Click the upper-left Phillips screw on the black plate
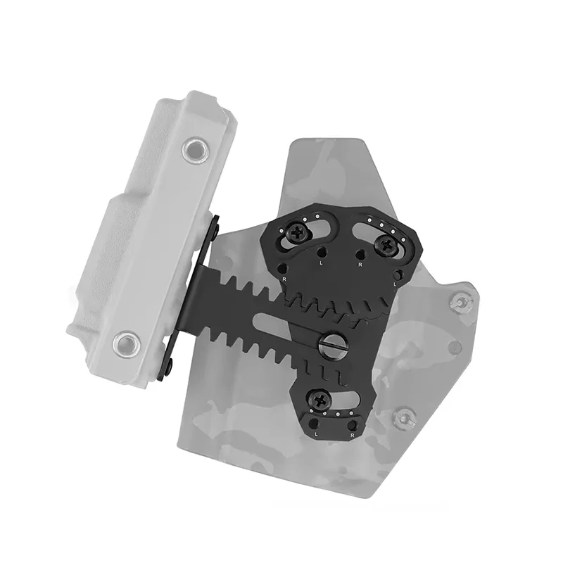point(298,234)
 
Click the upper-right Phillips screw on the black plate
point(386,246)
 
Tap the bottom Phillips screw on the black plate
point(320,399)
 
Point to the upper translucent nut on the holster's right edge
point(460,302)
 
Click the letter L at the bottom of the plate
point(316,434)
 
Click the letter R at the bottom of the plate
point(353,435)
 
